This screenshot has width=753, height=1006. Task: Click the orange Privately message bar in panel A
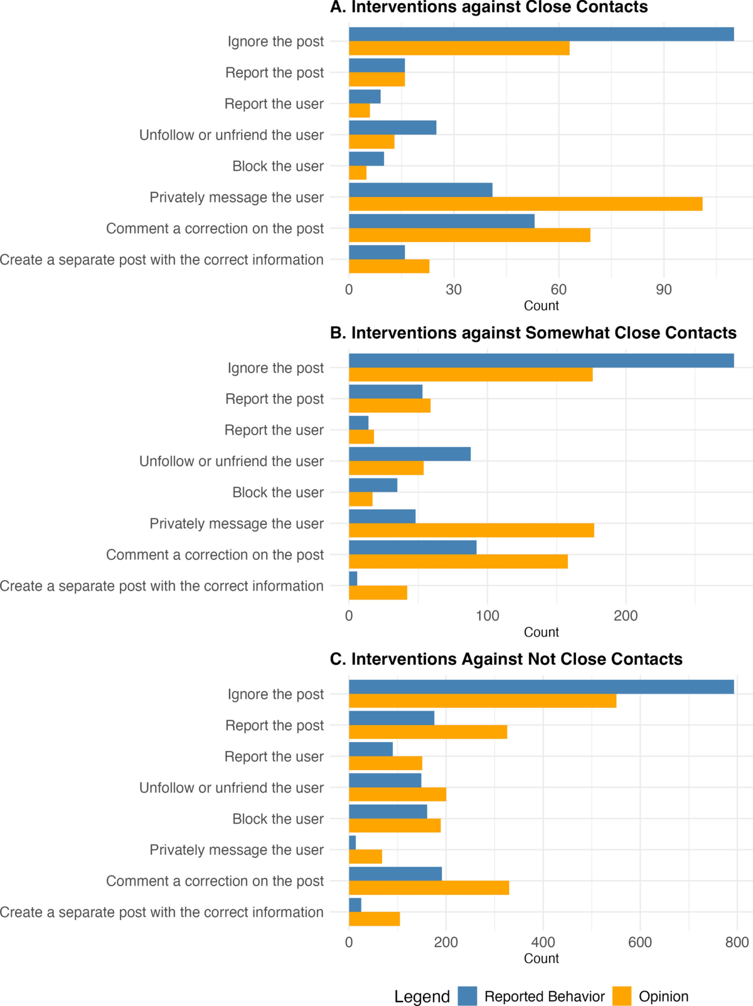[x=525, y=204]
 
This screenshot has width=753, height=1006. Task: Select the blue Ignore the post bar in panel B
[x=541, y=361]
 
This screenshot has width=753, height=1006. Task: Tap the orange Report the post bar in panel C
[x=427, y=732]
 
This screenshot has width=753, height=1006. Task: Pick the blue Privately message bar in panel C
[x=353, y=842]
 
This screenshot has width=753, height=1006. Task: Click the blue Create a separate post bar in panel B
[x=353, y=578]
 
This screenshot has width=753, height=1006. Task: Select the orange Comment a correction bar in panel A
[x=469, y=235]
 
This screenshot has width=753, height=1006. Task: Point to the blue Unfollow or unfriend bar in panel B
[x=409, y=454]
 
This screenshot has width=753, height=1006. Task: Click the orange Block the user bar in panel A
[x=358, y=172]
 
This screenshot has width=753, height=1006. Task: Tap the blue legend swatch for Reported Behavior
[x=467, y=996]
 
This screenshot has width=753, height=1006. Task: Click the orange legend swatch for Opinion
[x=622, y=996]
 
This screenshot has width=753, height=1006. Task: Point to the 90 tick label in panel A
[x=663, y=290]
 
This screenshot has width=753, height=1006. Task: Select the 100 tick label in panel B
[x=487, y=616]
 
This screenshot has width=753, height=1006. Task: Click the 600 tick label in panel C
[x=639, y=942]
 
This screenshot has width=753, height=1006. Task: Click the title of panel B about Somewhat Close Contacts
[x=533, y=333]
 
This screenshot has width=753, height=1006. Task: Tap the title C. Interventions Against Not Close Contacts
[x=506, y=659]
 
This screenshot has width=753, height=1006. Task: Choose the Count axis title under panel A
[x=541, y=305]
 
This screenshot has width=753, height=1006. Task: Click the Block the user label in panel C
[x=278, y=819]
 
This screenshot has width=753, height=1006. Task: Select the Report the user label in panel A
[x=274, y=104]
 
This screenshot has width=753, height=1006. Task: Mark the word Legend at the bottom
[x=422, y=997]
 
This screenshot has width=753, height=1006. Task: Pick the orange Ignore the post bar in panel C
[x=482, y=701]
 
